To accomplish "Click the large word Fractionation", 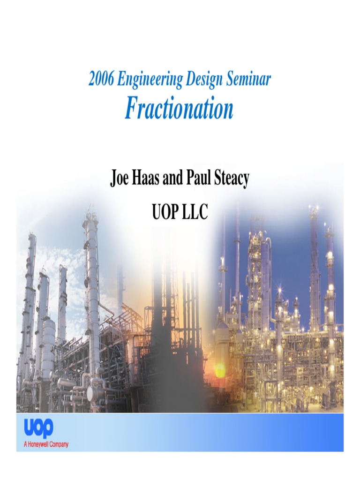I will (x=179, y=109).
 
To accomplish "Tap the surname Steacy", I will (x=232, y=179).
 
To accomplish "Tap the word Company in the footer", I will (x=59, y=444).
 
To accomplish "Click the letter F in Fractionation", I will (x=132, y=109).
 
